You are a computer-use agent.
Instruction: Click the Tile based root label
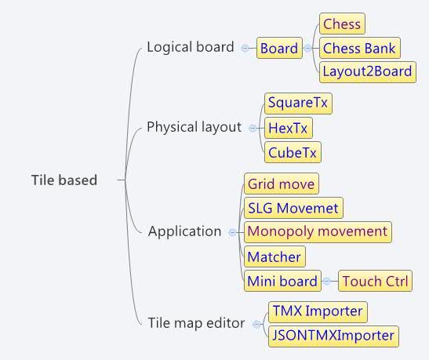64,180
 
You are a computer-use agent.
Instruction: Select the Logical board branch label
191,47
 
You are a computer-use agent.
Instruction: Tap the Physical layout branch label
194,127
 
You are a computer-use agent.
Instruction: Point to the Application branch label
184,231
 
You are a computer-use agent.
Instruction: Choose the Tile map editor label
196,323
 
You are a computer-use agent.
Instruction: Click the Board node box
279,48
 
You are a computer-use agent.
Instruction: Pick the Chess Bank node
360,48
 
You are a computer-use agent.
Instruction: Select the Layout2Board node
368,72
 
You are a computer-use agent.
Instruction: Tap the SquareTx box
298,104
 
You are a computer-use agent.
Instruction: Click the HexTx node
289,128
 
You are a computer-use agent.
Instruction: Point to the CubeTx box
293,152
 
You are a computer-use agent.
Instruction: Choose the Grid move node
282,184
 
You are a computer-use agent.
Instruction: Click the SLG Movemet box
293,208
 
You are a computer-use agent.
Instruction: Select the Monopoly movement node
318,232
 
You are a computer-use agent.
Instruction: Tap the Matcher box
274,256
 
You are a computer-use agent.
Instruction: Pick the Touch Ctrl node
375,281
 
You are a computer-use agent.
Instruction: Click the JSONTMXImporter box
333,336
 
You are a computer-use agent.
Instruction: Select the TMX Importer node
318,312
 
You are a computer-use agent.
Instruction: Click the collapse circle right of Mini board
327,281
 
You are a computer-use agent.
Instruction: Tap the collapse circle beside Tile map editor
256,324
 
